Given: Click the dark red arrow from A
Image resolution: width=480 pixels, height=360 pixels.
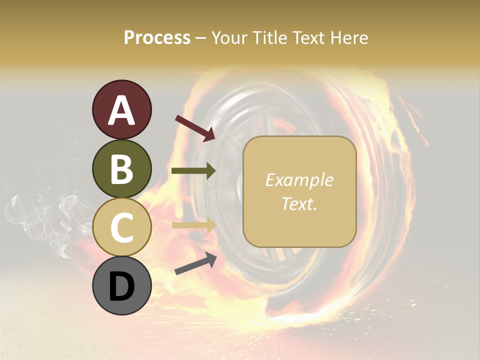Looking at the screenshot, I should pyautogui.click(x=195, y=128).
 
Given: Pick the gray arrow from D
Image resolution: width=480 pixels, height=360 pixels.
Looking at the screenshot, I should pyautogui.click(x=195, y=264).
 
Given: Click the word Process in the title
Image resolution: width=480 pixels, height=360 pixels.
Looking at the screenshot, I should pyautogui.click(x=157, y=37).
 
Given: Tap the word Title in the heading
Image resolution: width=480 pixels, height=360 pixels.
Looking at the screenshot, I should pyautogui.click(x=271, y=37).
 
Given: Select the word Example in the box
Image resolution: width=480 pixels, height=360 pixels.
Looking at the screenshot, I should pyautogui.click(x=299, y=180).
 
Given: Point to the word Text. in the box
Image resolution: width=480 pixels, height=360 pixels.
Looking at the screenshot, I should pyautogui.click(x=299, y=203).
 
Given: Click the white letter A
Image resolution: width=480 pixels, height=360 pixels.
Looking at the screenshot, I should pyautogui.click(x=122, y=110).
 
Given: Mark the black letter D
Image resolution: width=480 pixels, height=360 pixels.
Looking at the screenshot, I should pyautogui.click(x=122, y=286).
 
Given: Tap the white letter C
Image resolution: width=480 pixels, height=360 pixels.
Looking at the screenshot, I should pyautogui.click(x=122, y=228).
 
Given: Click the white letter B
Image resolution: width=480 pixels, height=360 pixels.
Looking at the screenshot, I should pyautogui.click(x=122, y=169).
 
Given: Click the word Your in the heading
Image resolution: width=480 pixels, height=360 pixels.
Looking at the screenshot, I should pyautogui.click(x=228, y=37).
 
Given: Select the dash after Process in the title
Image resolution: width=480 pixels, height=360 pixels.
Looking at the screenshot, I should pyautogui.click(x=200, y=38).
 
